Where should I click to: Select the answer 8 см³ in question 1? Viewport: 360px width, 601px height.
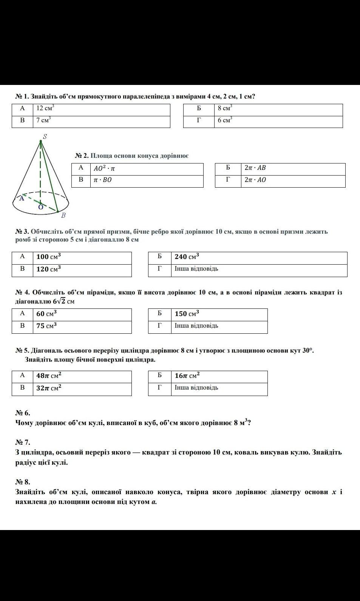click(225, 109)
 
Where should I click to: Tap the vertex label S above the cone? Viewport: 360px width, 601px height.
click(45, 137)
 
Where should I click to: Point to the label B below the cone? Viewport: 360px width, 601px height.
click(63, 215)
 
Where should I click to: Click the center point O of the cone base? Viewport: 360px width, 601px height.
click(40, 206)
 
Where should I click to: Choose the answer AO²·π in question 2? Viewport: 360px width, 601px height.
click(104, 169)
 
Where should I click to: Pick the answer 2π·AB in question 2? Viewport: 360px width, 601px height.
click(255, 168)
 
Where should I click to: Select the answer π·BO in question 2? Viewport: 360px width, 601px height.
click(102, 180)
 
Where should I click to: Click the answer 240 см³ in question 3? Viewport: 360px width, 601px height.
click(187, 257)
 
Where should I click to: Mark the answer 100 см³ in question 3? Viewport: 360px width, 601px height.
click(48, 257)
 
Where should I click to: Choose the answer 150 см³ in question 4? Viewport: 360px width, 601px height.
click(187, 314)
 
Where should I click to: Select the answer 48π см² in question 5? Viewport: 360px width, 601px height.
click(49, 376)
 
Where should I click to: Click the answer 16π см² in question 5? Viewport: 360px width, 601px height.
click(187, 376)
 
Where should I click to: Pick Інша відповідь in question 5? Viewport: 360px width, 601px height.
click(196, 388)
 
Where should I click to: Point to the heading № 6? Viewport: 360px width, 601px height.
click(23, 413)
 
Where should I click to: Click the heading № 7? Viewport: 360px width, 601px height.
click(23, 442)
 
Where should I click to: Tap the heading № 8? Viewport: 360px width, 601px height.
click(23, 482)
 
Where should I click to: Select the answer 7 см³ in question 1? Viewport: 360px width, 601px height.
click(43, 121)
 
